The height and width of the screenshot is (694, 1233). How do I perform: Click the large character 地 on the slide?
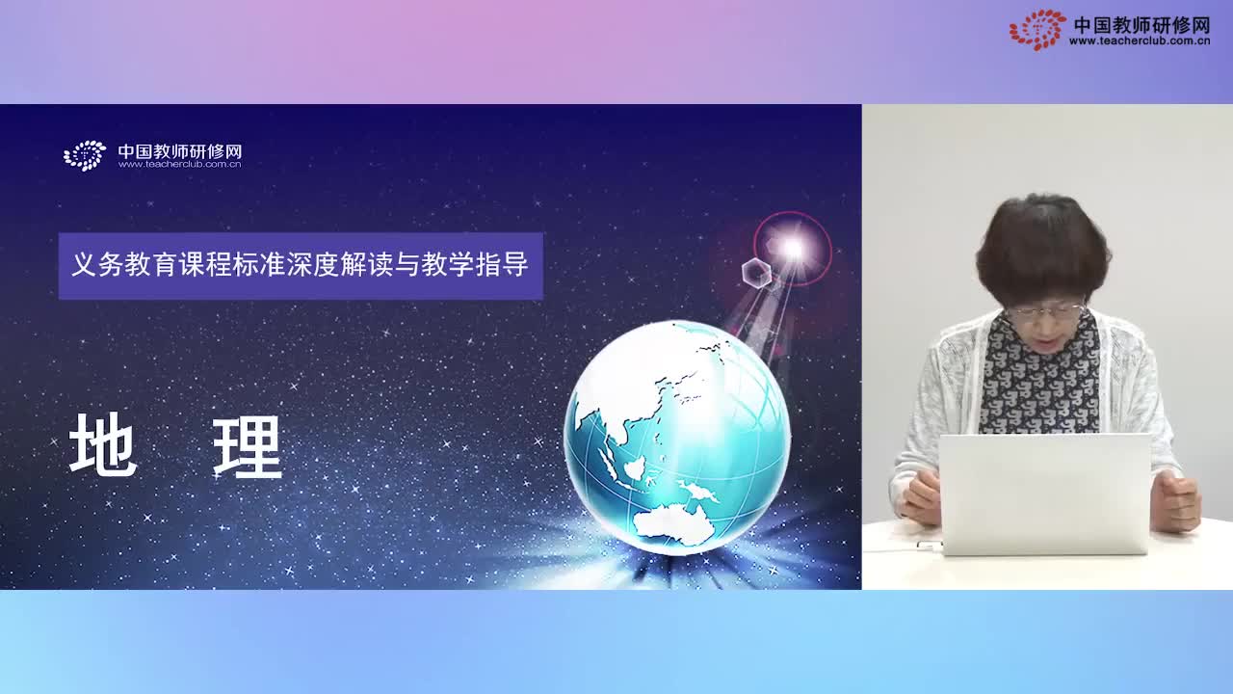103,445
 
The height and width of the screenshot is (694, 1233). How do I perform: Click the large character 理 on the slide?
248,445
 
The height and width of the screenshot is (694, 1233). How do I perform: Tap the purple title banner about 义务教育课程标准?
301,265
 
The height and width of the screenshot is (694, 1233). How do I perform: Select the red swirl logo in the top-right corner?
1037,29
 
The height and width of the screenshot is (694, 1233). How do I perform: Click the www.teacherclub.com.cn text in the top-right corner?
1140,41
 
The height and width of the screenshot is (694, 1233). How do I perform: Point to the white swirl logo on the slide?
85,155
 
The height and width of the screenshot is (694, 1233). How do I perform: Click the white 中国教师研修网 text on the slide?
179,151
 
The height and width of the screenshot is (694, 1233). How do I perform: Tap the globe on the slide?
676,438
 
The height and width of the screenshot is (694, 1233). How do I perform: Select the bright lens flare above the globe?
792,249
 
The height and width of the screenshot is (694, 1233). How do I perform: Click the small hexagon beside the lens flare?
756,272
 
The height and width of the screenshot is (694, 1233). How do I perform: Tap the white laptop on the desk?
1045,494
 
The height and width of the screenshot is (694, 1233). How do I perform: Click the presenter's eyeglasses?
1045,310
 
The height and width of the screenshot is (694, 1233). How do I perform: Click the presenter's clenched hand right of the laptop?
1175,500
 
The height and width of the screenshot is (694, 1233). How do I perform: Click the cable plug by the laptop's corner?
930,546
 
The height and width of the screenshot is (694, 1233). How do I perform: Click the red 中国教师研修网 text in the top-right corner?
1141,24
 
